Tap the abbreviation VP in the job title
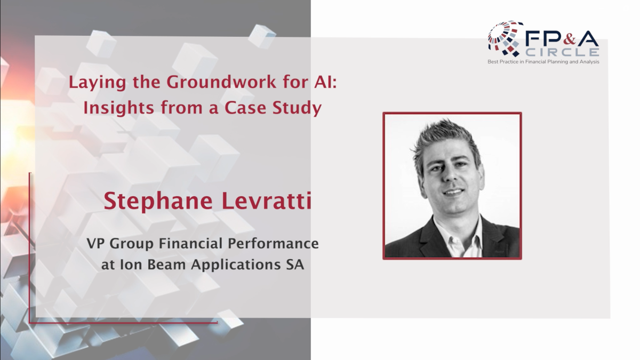coord(97,244)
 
